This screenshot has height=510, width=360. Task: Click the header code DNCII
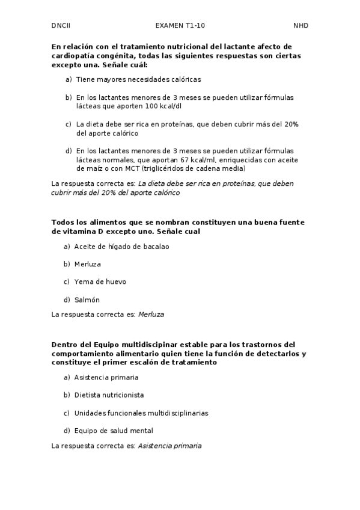61,26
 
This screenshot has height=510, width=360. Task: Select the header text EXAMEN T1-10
180,26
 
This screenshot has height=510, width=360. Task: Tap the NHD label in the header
301,26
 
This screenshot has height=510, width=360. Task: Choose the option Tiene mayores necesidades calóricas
138,79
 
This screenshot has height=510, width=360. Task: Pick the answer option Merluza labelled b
88,264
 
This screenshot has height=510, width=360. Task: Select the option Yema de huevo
100,281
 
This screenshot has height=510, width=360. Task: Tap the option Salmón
87,300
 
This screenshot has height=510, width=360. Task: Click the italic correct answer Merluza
151,314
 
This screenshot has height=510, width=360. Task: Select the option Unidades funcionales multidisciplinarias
141,413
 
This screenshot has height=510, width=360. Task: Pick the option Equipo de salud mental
113,431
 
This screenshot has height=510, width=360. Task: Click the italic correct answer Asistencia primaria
169,446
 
